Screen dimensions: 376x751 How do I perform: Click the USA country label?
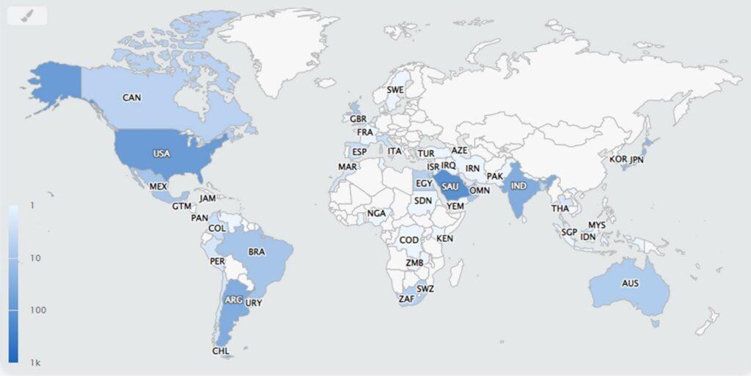point(161,153)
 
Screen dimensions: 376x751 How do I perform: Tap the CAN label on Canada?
point(132,97)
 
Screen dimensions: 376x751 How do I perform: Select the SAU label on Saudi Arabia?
point(450,188)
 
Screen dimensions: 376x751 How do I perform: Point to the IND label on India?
point(518,186)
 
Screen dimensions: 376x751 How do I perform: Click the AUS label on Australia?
point(630,283)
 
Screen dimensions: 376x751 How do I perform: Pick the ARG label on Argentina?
point(233,300)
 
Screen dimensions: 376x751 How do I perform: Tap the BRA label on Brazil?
point(257,252)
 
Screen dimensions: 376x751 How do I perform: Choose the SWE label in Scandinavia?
point(395,90)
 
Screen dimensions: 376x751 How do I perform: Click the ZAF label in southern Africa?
point(406,299)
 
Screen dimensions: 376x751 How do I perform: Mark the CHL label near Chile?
point(221,351)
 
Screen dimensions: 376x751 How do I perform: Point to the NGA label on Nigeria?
point(376,214)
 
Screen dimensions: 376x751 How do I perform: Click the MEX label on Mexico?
point(158,187)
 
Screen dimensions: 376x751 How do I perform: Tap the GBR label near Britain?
point(358,119)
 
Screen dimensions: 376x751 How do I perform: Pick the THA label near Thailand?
point(560,209)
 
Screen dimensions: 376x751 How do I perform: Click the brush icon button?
point(27,15)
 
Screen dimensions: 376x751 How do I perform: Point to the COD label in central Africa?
point(409,240)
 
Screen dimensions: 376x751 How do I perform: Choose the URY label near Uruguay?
point(254,303)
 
